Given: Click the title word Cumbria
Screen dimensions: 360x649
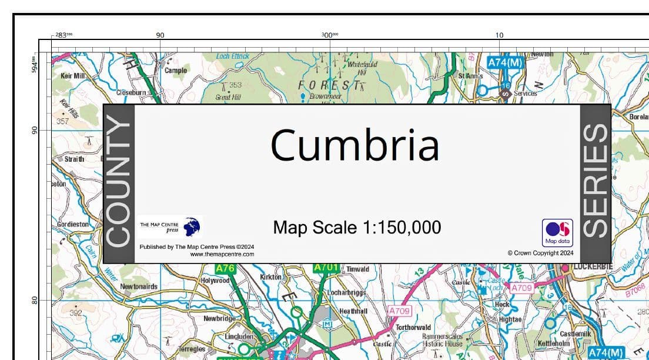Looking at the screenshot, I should pyautogui.click(x=354, y=145).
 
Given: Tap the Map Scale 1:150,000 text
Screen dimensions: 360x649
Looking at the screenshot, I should pyautogui.click(x=357, y=227).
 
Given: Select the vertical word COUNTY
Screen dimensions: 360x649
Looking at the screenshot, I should pyautogui.click(x=119, y=183).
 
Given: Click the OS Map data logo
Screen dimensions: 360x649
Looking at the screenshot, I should pyautogui.click(x=557, y=232).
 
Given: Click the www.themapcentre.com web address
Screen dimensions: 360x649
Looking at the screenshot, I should pyautogui.click(x=222, y=255).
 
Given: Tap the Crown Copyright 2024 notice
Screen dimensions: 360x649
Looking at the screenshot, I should pyautogui.click(x=540, y=253).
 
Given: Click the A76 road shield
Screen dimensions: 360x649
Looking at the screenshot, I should pyautogui.click(x=226, y=268).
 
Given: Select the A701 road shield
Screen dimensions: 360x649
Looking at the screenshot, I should pyautogui.click(x=326, y=268).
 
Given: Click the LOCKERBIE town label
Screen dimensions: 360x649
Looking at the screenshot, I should pyautogui.click(x=593, y=267).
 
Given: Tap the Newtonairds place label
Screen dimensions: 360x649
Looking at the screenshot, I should pyautogui.click(x=139, y=286).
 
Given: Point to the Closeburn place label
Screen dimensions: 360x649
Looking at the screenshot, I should pyautogui.click(x=131, y=92).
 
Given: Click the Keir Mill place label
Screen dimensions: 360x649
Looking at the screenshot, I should pyautogui.click(x=73, y=76).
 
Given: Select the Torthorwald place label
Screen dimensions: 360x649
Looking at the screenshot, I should pyautogui.click(x=413, y=327).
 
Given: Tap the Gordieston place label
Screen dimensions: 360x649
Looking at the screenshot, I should pyautogui.click(x=73, y=224).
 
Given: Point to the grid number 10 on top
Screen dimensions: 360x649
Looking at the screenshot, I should pyautogui.click(x=499, y=35).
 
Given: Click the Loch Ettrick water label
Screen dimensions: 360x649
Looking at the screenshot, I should pyautogui.click(x=232, y=56).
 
